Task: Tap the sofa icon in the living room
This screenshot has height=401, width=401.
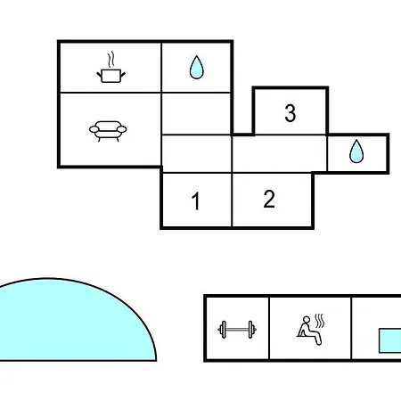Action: click(x=108, y=131)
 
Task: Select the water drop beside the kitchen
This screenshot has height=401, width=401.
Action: click(x=197, y=67)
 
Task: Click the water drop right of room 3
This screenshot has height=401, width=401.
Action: click(x=356, y=151)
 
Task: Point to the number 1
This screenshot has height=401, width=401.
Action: click(x=195, y=201)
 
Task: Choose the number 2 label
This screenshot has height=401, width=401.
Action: click(x=269, y=199)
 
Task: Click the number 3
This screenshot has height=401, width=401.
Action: click(x=291, y=113)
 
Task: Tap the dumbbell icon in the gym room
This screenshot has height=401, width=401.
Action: click(x=237, y=330)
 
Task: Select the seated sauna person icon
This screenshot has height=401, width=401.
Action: click(x=309, y=331)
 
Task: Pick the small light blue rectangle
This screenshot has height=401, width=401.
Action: click(x=390, y=340)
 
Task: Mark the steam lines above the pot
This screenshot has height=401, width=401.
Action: click(x=110, y=60)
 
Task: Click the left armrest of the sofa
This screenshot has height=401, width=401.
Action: click(x=94, y=129)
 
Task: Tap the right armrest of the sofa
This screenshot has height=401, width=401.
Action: click(x=122, y=129)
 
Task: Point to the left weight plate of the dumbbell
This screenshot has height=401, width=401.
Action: click(x=223, y=330)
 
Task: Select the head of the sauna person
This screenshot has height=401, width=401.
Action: click(x=306, y=320)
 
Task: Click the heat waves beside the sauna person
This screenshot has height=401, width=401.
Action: click(x=320, y=321)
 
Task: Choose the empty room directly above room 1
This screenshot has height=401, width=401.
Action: click(x=197, y=154)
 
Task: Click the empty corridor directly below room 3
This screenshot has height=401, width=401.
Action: click(x=280, y=154)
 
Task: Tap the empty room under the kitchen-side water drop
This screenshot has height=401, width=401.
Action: click(x=196, y=114)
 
